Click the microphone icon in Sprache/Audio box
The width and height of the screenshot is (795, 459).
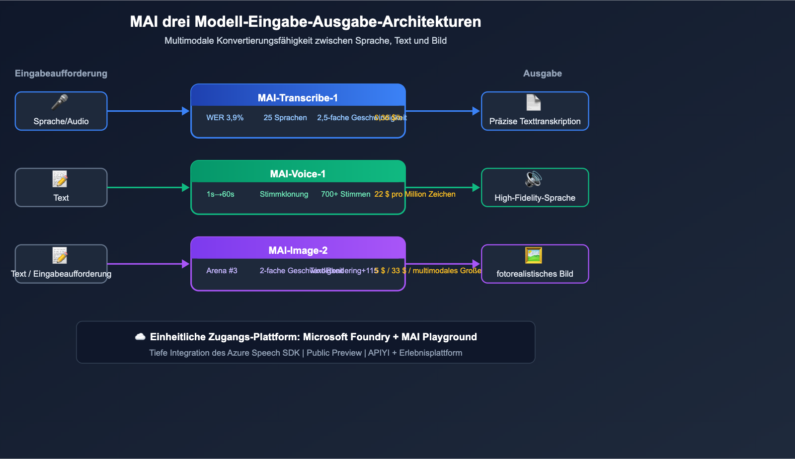[60, 102]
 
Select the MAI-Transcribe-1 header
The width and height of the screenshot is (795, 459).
[298, 98]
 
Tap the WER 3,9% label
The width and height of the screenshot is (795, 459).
[225, 118]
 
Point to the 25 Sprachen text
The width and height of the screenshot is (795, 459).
[285, 118]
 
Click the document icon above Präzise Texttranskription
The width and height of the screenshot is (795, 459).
[533, 102]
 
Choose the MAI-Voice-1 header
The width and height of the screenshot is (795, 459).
[298, 174]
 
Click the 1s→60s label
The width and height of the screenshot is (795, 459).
[220, 194]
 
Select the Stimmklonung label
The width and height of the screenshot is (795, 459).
[284, 194]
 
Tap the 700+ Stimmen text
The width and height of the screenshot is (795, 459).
[345, 194]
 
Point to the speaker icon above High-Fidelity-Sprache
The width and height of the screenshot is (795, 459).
[533, 179]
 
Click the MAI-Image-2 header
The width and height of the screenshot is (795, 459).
[298, 250]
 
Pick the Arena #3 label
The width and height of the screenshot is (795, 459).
[222, 271]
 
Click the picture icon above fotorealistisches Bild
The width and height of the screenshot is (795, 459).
[533, 255]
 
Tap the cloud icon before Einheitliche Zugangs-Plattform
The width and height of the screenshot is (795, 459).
[140, 337]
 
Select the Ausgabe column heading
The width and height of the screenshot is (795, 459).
[542, 74]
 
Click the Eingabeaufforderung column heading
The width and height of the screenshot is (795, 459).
[61, 74]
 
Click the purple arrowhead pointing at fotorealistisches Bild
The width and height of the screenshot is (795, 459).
[476, 264]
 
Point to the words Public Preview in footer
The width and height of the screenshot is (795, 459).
[334, 353]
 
